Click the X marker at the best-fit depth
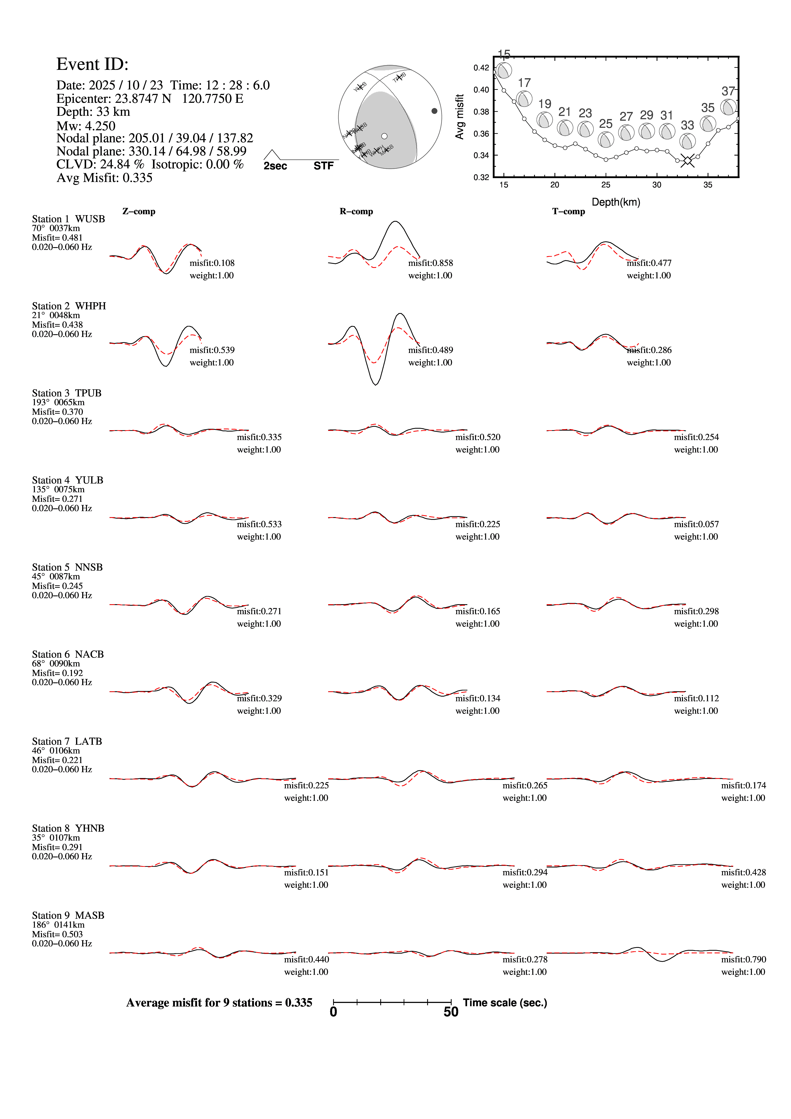click(x=687, y=160)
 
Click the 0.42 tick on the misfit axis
click(x=481, y=68)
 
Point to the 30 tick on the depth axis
click(x=656, y=185)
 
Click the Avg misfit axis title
click(x=459, y=117)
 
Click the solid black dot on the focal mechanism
click(x=434, y=111)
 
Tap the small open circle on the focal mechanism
click(x=384, y=136)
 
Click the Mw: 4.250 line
click(x=86, y=126)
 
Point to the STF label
click(x=324, y=166)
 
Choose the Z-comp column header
click(x=139, y=211)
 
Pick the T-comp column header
click(x=568, y=211)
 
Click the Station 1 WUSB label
click(x=68, y=219)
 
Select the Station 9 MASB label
click(x=68, y=915)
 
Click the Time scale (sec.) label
click(x=505, y=1003)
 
